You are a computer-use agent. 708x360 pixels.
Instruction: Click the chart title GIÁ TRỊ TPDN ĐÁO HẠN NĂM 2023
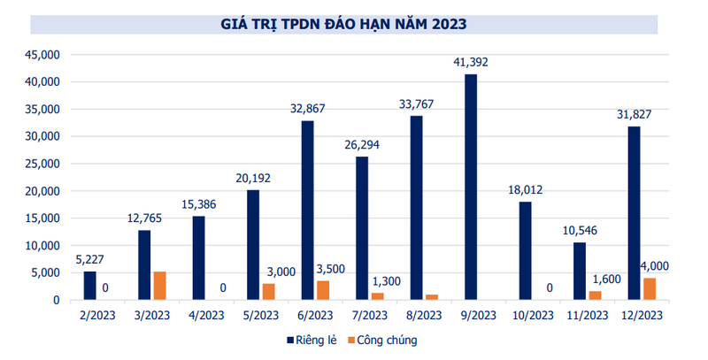(x=344, y=22)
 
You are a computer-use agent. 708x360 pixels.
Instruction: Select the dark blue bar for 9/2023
(x=471, y=188)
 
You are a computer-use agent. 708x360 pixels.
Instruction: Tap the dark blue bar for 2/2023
(x=90, y=286)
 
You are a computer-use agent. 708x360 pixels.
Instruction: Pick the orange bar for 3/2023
(x=159, y=286)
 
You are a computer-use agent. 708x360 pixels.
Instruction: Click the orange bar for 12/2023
(x=649, y=289)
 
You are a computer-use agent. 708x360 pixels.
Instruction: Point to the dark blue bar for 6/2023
(x=307, y=211)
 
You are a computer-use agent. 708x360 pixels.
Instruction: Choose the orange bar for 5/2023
(x=268, y=292)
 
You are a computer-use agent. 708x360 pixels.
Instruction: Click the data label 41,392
(x=470, y=62)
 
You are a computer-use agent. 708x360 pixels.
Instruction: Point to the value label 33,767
(x=416, y=103)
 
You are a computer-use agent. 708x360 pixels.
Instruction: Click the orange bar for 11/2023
(x=595, y=295)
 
